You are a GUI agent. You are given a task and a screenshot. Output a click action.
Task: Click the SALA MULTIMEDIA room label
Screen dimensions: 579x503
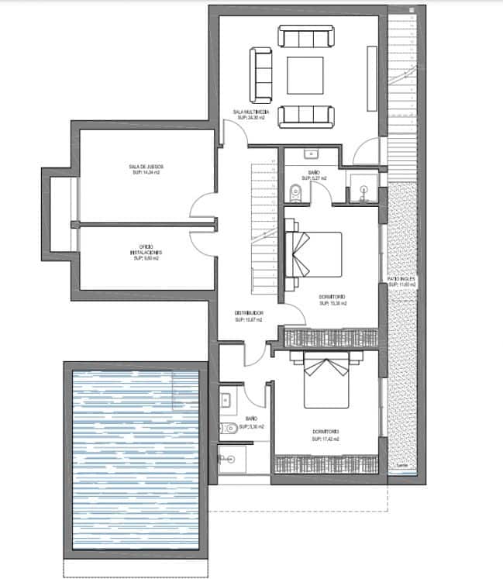[x=250, y=115]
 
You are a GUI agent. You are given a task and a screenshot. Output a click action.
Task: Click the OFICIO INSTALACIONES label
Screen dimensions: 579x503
[x=146, y=253]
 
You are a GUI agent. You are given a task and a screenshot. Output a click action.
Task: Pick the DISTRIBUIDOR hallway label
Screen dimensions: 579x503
[x=249, y=316]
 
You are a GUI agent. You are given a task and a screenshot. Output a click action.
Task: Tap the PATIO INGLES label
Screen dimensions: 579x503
[x=402, y=283]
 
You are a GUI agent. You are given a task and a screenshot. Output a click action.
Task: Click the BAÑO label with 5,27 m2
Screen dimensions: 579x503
[x=315, y=176]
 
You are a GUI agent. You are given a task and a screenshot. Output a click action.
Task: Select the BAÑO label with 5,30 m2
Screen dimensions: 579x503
[x=253, y=423]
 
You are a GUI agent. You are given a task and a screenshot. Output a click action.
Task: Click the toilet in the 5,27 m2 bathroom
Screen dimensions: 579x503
[x=292, y=192]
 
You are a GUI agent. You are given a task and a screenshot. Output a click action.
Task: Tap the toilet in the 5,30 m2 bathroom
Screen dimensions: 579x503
[x=230, y=428]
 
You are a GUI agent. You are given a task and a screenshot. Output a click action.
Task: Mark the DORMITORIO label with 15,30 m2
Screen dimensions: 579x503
[x=332, y=301]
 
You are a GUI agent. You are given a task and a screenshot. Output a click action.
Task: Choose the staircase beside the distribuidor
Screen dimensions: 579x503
[x=264, y=225]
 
